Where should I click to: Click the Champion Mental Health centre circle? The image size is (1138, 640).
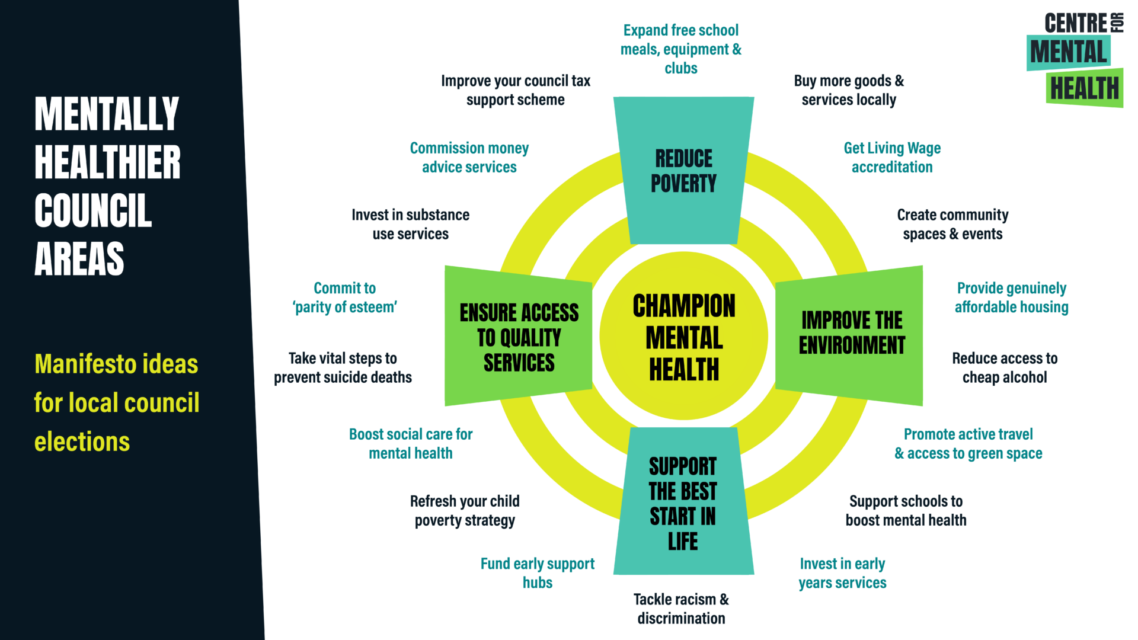pos(683,337)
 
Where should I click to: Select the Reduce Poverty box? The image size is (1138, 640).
pos(683,171)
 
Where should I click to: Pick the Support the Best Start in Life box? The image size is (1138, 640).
pos(683,503)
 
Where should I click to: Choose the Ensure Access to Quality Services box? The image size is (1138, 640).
pos(519,337)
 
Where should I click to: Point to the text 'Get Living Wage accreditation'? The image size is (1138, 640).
pos(892,158)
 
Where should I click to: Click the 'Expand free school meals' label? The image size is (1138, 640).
pos(681,49)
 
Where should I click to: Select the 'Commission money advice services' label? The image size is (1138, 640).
pos(469,158)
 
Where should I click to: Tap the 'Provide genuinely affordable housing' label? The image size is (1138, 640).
pos(1011,297)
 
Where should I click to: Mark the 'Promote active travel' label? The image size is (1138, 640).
pos(968,444)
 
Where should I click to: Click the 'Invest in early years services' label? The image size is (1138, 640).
pos(842,573)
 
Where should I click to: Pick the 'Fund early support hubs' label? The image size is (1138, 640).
pos(538,573)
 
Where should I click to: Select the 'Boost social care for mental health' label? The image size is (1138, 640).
pos(411,444)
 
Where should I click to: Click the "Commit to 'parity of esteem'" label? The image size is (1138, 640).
pos(344,297)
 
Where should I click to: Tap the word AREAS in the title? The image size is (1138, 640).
pos(79,259)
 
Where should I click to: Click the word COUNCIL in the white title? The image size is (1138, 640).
pos(93,210)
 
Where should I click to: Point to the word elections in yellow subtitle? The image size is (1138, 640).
pos(82,442)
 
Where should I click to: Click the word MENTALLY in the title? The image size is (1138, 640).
pos(107,114)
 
